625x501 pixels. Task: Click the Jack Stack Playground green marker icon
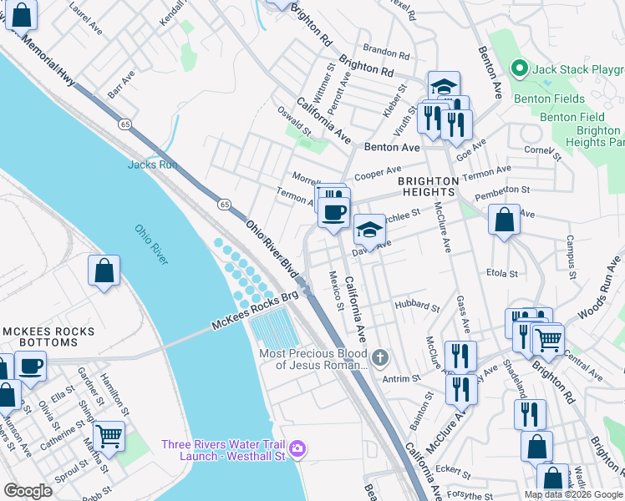[518, 68]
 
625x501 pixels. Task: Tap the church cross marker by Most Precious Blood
[381, 358]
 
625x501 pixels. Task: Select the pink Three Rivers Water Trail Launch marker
[297, 452]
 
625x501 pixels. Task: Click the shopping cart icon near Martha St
[109, 434]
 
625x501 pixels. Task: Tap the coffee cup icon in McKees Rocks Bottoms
[31, 367]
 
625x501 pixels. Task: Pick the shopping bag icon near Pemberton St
[504, 220]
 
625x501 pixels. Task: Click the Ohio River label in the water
[151, 244]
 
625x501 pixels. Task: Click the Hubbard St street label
[417, 306]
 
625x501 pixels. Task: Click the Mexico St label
[335, 289]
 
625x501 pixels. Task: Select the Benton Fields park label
[544, 99]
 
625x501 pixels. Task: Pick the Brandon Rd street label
[386, 53]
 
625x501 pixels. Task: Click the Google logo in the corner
[28, 490]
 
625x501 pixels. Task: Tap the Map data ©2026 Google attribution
[572, 494]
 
